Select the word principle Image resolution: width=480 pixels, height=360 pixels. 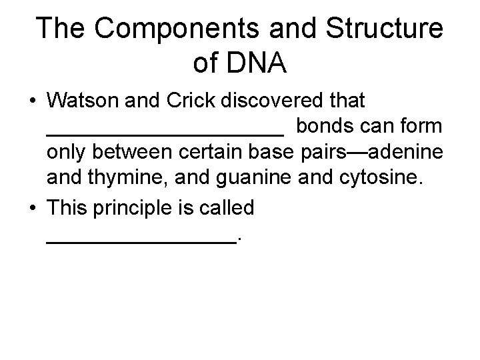tap(134, 207)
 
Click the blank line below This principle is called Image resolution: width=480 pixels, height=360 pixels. tap(141, 241)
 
